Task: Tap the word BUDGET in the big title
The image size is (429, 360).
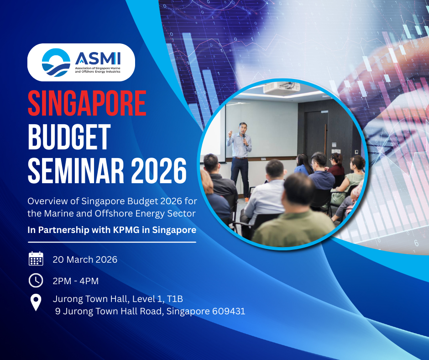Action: click(x=69, y=137)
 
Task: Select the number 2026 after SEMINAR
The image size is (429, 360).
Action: click(x=159, y=171)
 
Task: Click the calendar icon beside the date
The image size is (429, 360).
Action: click(x=36, y=259)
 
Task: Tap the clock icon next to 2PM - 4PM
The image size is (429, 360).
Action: click(x=36, y=280)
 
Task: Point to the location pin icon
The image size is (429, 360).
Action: click(x=36, y=302)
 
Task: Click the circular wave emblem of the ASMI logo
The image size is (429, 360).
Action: click(x=56, y=63)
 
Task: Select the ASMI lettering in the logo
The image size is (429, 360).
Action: click(x=98, y=58)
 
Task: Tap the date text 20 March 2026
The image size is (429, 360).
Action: click(x=85, y=259)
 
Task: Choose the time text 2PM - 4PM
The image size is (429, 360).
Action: click(x=75, y=281)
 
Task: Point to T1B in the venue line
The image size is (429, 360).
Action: click(x=175, y=299)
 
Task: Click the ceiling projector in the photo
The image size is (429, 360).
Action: click(x=282, y=87)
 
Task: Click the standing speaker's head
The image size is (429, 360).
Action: click(x=243, y=127)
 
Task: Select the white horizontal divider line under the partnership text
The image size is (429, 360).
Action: click(x=112, y=242)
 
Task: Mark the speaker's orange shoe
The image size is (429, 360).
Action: click(x=247, y=200)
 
